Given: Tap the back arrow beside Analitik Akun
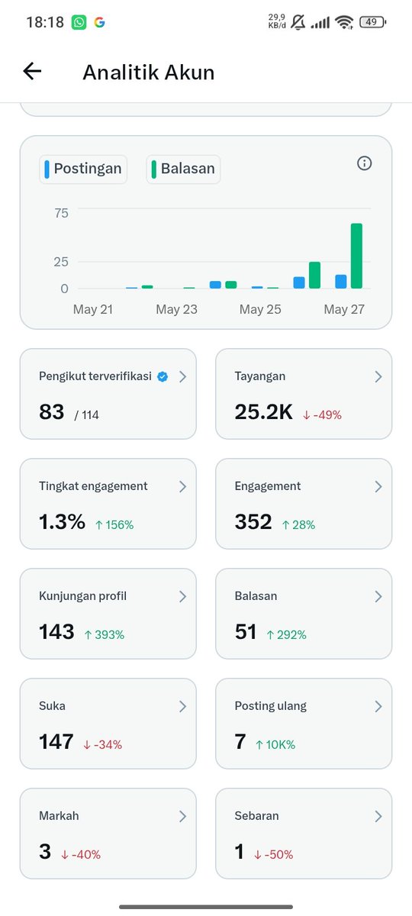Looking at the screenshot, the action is tap(32, 71).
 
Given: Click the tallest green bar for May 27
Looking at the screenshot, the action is tap(356, 256).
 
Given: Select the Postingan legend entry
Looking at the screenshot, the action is tap(83, 169).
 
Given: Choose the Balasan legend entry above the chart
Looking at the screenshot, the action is tap(183, 169).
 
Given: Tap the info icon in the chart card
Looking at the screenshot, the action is tap(364, 163).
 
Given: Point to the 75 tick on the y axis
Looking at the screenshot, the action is tap(61, 213).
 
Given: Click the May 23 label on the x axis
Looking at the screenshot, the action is tap(176, 309).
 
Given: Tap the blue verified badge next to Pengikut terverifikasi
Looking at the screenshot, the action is tap(163, 376).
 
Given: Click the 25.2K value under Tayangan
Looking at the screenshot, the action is tap(264, 411).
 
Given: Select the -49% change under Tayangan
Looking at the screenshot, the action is tap(322, 415).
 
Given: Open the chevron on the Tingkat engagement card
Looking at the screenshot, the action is tap(182, 487).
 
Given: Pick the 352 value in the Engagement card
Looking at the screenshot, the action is tap(253, 522).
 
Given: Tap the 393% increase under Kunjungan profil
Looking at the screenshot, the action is tap(105, 634).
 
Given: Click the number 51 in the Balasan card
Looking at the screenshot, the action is tap(245, 632).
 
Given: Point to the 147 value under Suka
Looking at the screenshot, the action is tap(56, 742).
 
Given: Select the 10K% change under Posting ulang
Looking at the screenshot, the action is tap(275, 745).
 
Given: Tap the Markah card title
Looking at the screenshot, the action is tap(59, 816).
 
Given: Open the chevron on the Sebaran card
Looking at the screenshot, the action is tap(378, 816).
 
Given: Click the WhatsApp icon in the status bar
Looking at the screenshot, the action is tap(79, 22).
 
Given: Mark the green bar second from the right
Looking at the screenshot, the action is tap(314, 275).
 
